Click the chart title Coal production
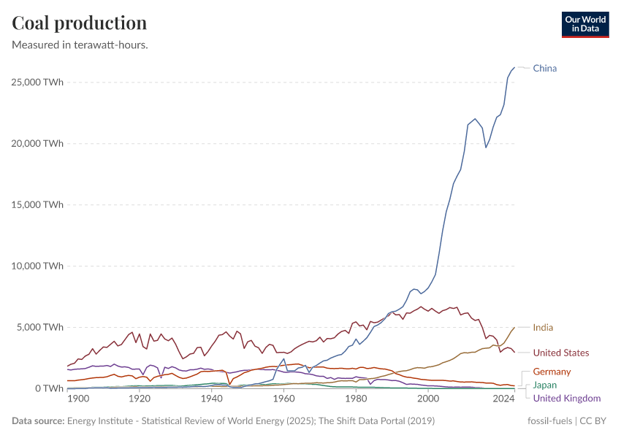click(x=80, y=23)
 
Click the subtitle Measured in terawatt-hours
click(x=80, y=45)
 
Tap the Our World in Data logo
click(x=584, y=24)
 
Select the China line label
click(x=544, y=69)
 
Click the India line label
click(x=543, y=328)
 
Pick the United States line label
click(x=560, y=353)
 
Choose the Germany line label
click(x=552, y=372)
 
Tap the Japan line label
click(x=544, y=385)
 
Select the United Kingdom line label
click(x=566, y=399)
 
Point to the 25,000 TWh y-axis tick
click(x=37, y=82)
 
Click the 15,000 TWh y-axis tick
click(x=37, y=204)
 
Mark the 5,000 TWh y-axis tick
click(x=39, y=327)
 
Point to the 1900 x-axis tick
click(x=77, y=399)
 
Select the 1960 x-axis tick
click(x=283, y=399)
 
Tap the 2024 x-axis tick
click(x=503, y=399)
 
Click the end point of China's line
click(x=514, y=68)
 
